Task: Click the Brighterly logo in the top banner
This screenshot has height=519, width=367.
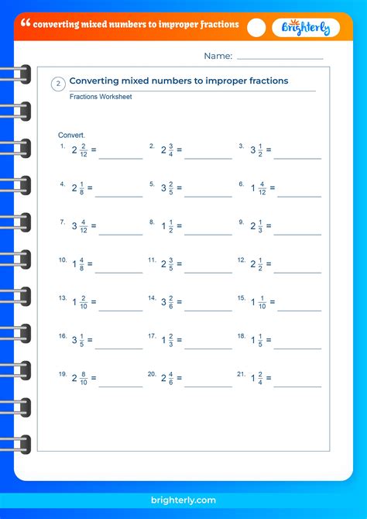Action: pyautogui.click(x=306, y=27)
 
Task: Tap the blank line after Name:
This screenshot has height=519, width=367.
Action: pyautogui.click(x=280, y=57)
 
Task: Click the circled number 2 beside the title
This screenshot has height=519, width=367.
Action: pyautogui.click(x=58, y=84)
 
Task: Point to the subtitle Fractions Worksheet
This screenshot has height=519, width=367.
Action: pyautogui.click(x=101, y=97)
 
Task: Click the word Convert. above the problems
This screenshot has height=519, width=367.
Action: pyautogui.click(x=72, y=135)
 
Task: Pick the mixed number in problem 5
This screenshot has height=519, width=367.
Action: pyautogui.click(x=166, y=188)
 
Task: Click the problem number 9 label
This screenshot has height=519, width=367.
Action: pyautogui.click(x=241, y=222)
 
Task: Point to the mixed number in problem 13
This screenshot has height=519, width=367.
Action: pyautogui.click(x=80, y=302)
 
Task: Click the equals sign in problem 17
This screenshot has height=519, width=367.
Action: pyautogui.click(x=179, y=340)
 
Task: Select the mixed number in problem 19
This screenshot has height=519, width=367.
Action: pyautogui.click(x=80, y=378)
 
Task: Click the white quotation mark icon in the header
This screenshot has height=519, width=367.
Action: pyautogui.click(x=26, y=24)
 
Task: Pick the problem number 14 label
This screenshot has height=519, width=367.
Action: pyautogui.click(x=153, y=297)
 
